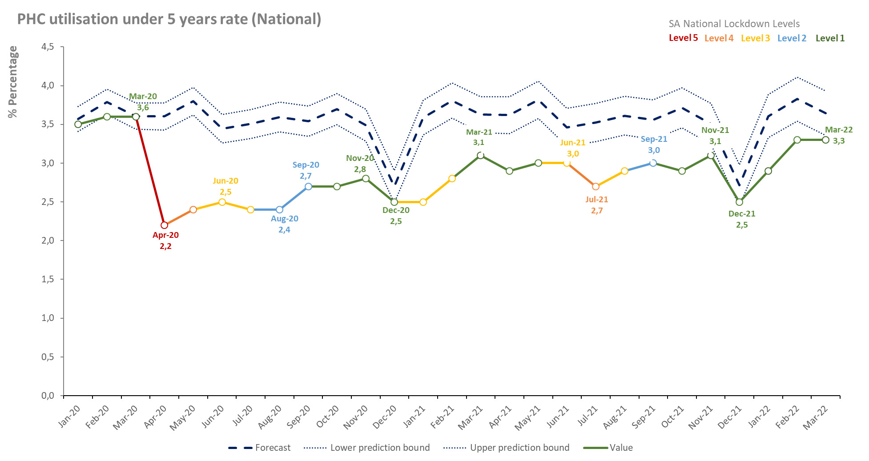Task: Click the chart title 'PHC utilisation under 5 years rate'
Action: tap(169, 19)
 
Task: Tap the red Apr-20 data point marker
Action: tap(165, 225)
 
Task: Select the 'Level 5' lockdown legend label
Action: tap(683, 38)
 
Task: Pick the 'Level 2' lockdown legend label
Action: tap(792, 38)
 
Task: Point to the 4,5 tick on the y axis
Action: tap(48, 47)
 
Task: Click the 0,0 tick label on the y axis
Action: tap(48, 396)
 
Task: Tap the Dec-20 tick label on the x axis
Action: tap(385, 417)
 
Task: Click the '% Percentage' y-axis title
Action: tap(13, 82)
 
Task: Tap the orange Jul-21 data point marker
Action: tap(596, 186)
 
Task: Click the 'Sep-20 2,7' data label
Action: tap(306, 170)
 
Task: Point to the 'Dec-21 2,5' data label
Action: tap(742, 219)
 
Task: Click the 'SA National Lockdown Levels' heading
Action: tap(734, 24)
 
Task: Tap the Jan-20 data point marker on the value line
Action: tap(78, 124)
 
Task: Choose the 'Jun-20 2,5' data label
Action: tap(225, 186)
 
